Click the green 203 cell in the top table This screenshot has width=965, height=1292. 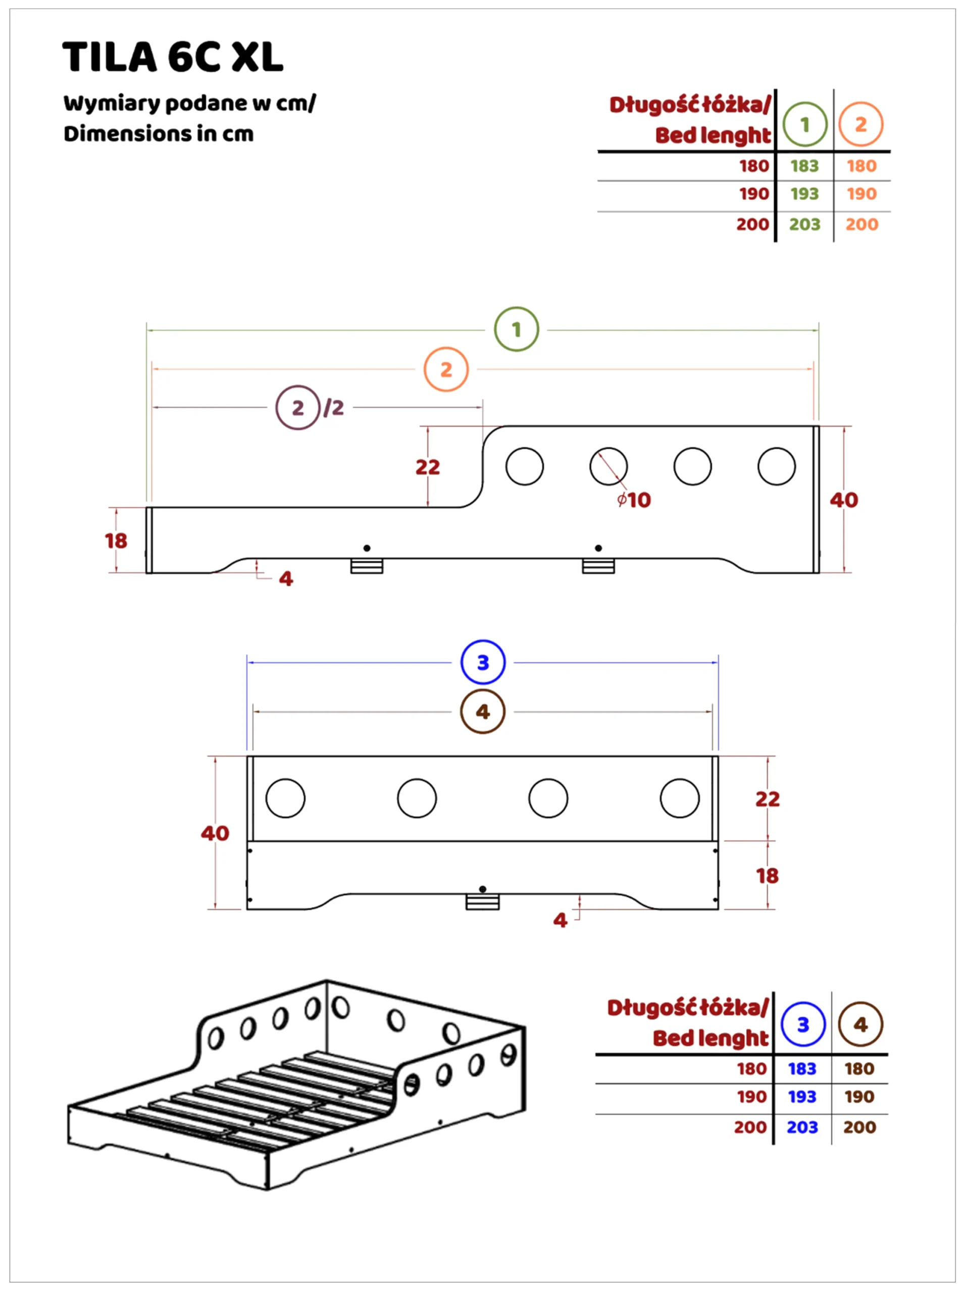(804, 225)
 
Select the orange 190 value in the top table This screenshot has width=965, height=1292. (861, 194)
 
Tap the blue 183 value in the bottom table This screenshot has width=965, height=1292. (802, 1069)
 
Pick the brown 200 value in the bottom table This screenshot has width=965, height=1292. (859, 1127)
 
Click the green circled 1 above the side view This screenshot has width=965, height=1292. (517, 329)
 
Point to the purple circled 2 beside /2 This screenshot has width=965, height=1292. (298, 407)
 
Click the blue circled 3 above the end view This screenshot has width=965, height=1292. (483, 663)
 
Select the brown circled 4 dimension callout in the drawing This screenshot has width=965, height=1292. (483, 712)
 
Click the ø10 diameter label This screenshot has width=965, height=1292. (634, 500)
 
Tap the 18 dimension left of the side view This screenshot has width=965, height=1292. (116, 541)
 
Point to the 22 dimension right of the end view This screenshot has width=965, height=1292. (768, 799)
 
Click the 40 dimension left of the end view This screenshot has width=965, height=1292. (215, 833)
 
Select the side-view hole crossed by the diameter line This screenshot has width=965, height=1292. (608, 466)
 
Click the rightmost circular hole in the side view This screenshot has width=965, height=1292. (776, 466)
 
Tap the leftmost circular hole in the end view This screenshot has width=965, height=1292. (285, 798)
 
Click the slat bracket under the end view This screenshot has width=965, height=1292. (483, 902)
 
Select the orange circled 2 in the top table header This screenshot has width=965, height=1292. (860, 124)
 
